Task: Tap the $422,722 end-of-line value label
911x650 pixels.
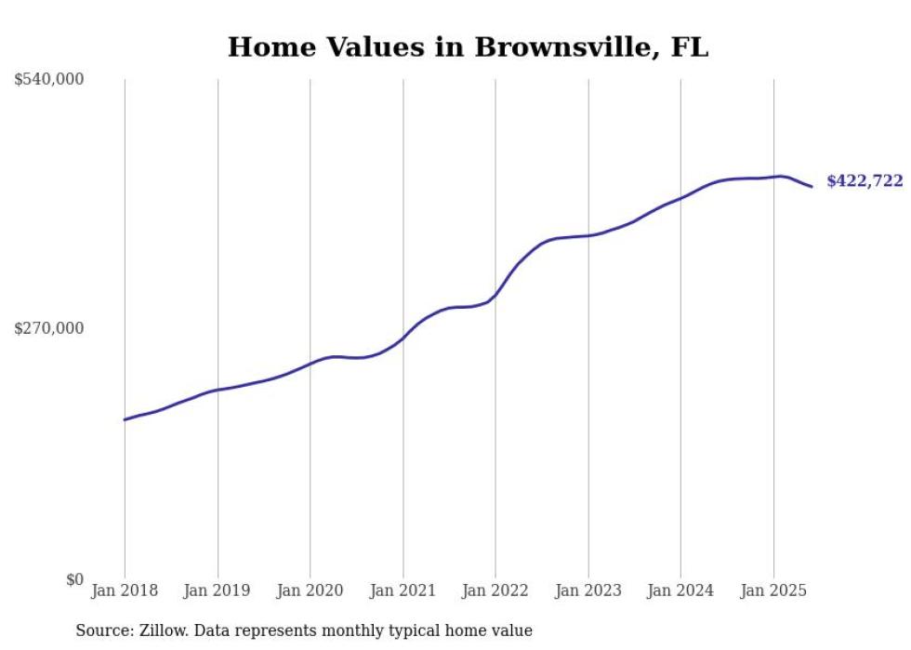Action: tap(865, 181)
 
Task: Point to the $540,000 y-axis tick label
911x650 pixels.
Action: tap(49, 80)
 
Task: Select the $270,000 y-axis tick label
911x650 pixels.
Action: tap(49, 328)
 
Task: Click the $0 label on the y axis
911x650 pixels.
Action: tap(74, 579)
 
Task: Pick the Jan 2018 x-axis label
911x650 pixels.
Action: tap(125, 590)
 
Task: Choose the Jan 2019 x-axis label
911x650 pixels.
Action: tap(218, 590)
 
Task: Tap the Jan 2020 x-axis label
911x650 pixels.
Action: tap(310, 590)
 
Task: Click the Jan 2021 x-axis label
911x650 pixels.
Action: tap(403, 590)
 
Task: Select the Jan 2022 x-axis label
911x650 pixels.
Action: tap(495, 590)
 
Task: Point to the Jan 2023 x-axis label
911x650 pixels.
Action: tap(588, 590)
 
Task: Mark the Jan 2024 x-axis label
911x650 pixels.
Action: tap(680, 590)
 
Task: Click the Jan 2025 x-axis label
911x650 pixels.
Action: tap(773, 590)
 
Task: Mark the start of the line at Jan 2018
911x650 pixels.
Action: tap(125, 419)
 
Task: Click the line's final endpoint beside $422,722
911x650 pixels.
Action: tap(812, 187)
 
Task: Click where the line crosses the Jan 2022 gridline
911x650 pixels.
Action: tap(495, 295)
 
